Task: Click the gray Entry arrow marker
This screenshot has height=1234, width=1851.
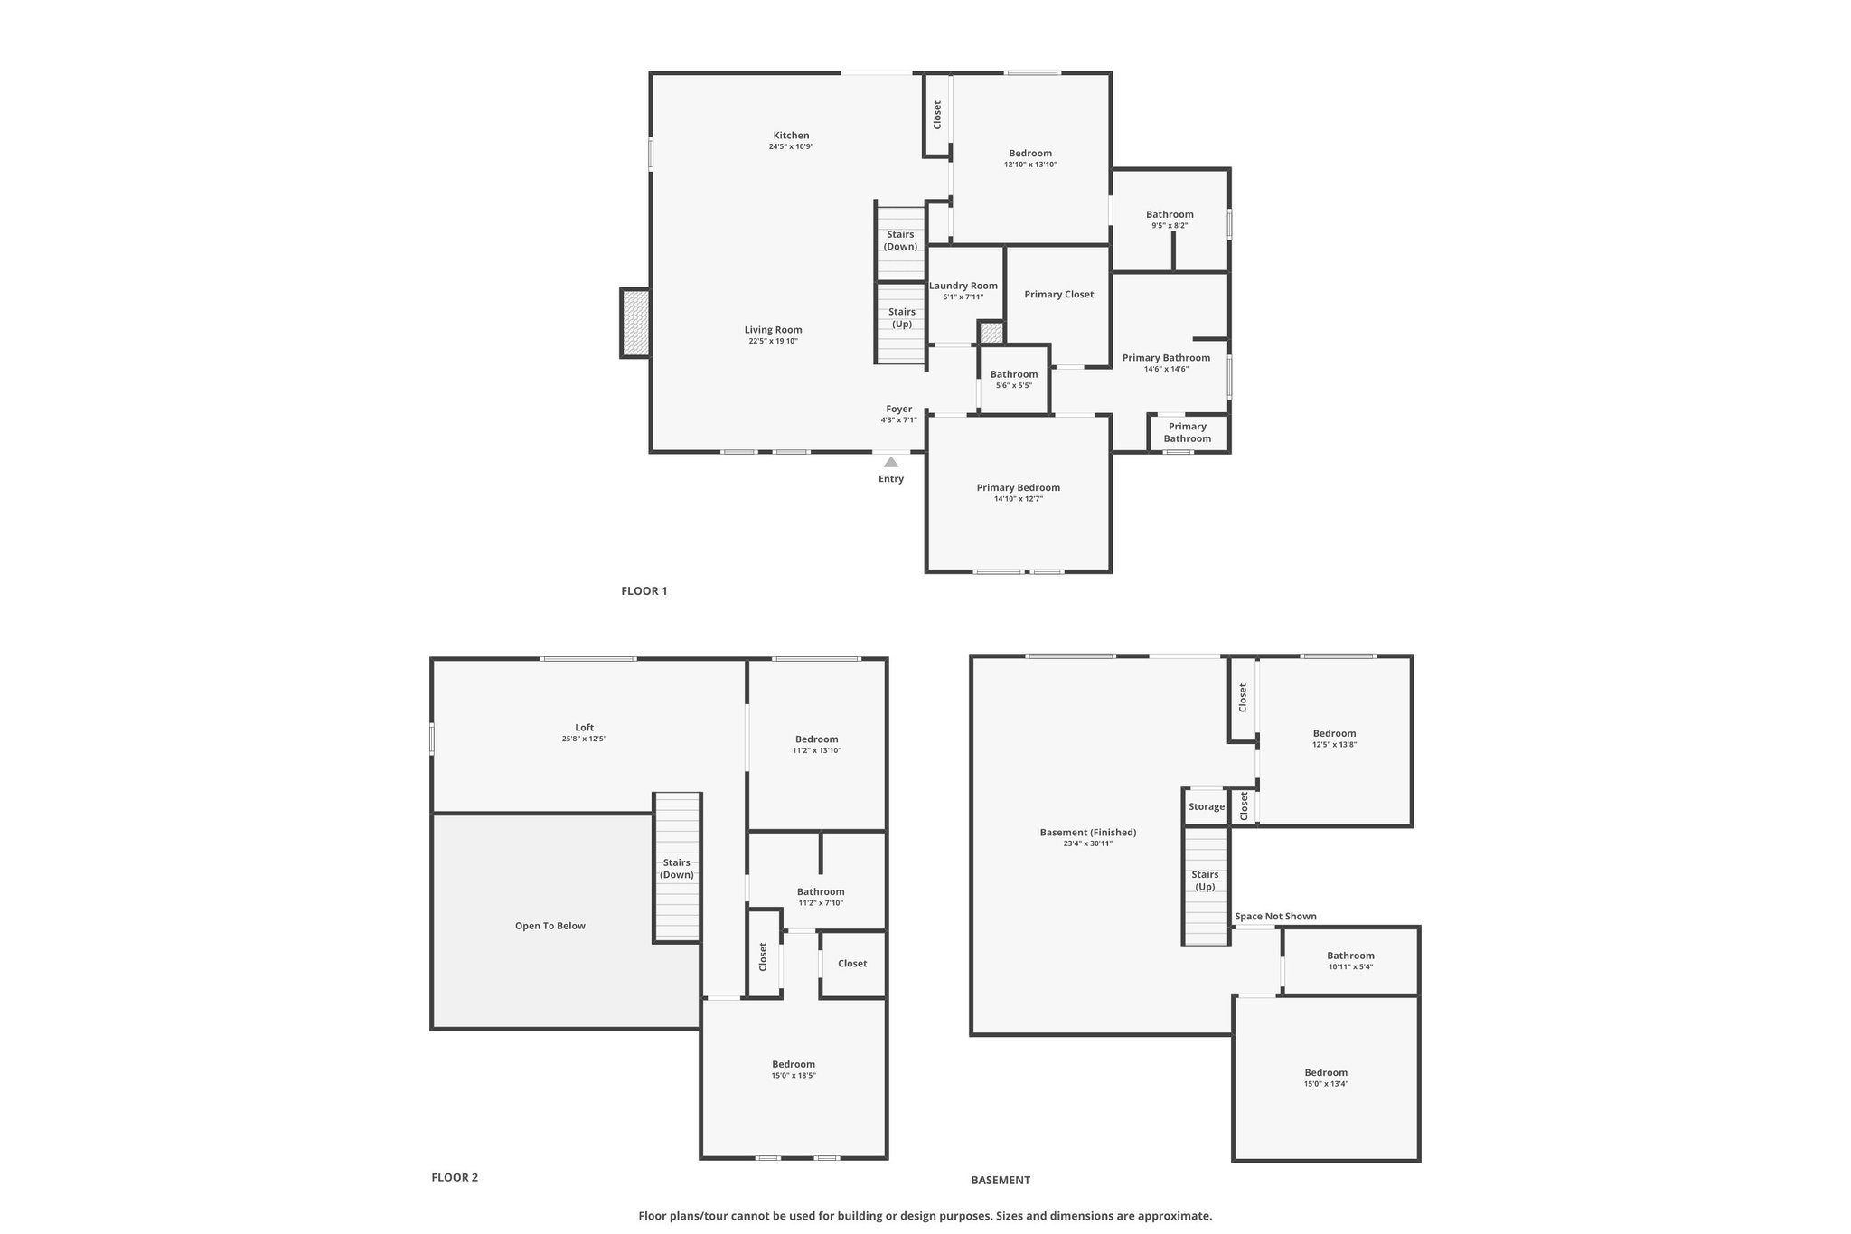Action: click(891, 462)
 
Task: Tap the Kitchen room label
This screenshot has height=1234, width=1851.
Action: click(791, 136)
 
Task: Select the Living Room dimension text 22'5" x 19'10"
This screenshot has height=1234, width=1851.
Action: click(773, 341)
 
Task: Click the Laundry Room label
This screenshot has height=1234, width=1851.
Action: click(963, 286)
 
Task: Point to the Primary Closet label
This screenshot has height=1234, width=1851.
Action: click(1059, 295)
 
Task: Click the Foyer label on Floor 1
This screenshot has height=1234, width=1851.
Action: click(899, 410)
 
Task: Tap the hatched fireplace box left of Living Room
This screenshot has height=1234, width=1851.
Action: click(635, 323)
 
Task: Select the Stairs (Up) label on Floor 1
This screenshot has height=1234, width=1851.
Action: click(902, 318)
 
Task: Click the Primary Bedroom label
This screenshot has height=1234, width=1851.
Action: click(1019, 488)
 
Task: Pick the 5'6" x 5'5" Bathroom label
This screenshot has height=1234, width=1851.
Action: click(1014, 374)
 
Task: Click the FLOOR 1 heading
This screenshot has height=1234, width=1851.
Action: click(644, 591)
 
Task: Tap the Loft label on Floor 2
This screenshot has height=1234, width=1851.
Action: click(585, 728)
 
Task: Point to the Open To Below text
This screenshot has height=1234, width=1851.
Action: click(550, 926)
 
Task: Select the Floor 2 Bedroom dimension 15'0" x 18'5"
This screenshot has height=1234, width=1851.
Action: click(794, 1076)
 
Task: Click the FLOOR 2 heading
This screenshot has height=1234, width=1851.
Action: click(455, 1177)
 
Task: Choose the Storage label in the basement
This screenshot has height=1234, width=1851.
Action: click(1207, 807)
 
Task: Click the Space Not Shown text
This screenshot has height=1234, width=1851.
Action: click(1276, 917)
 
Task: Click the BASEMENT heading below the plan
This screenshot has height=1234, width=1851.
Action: click(1001, 1180)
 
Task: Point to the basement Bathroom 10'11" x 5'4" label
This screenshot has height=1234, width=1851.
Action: click(1351, 956)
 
